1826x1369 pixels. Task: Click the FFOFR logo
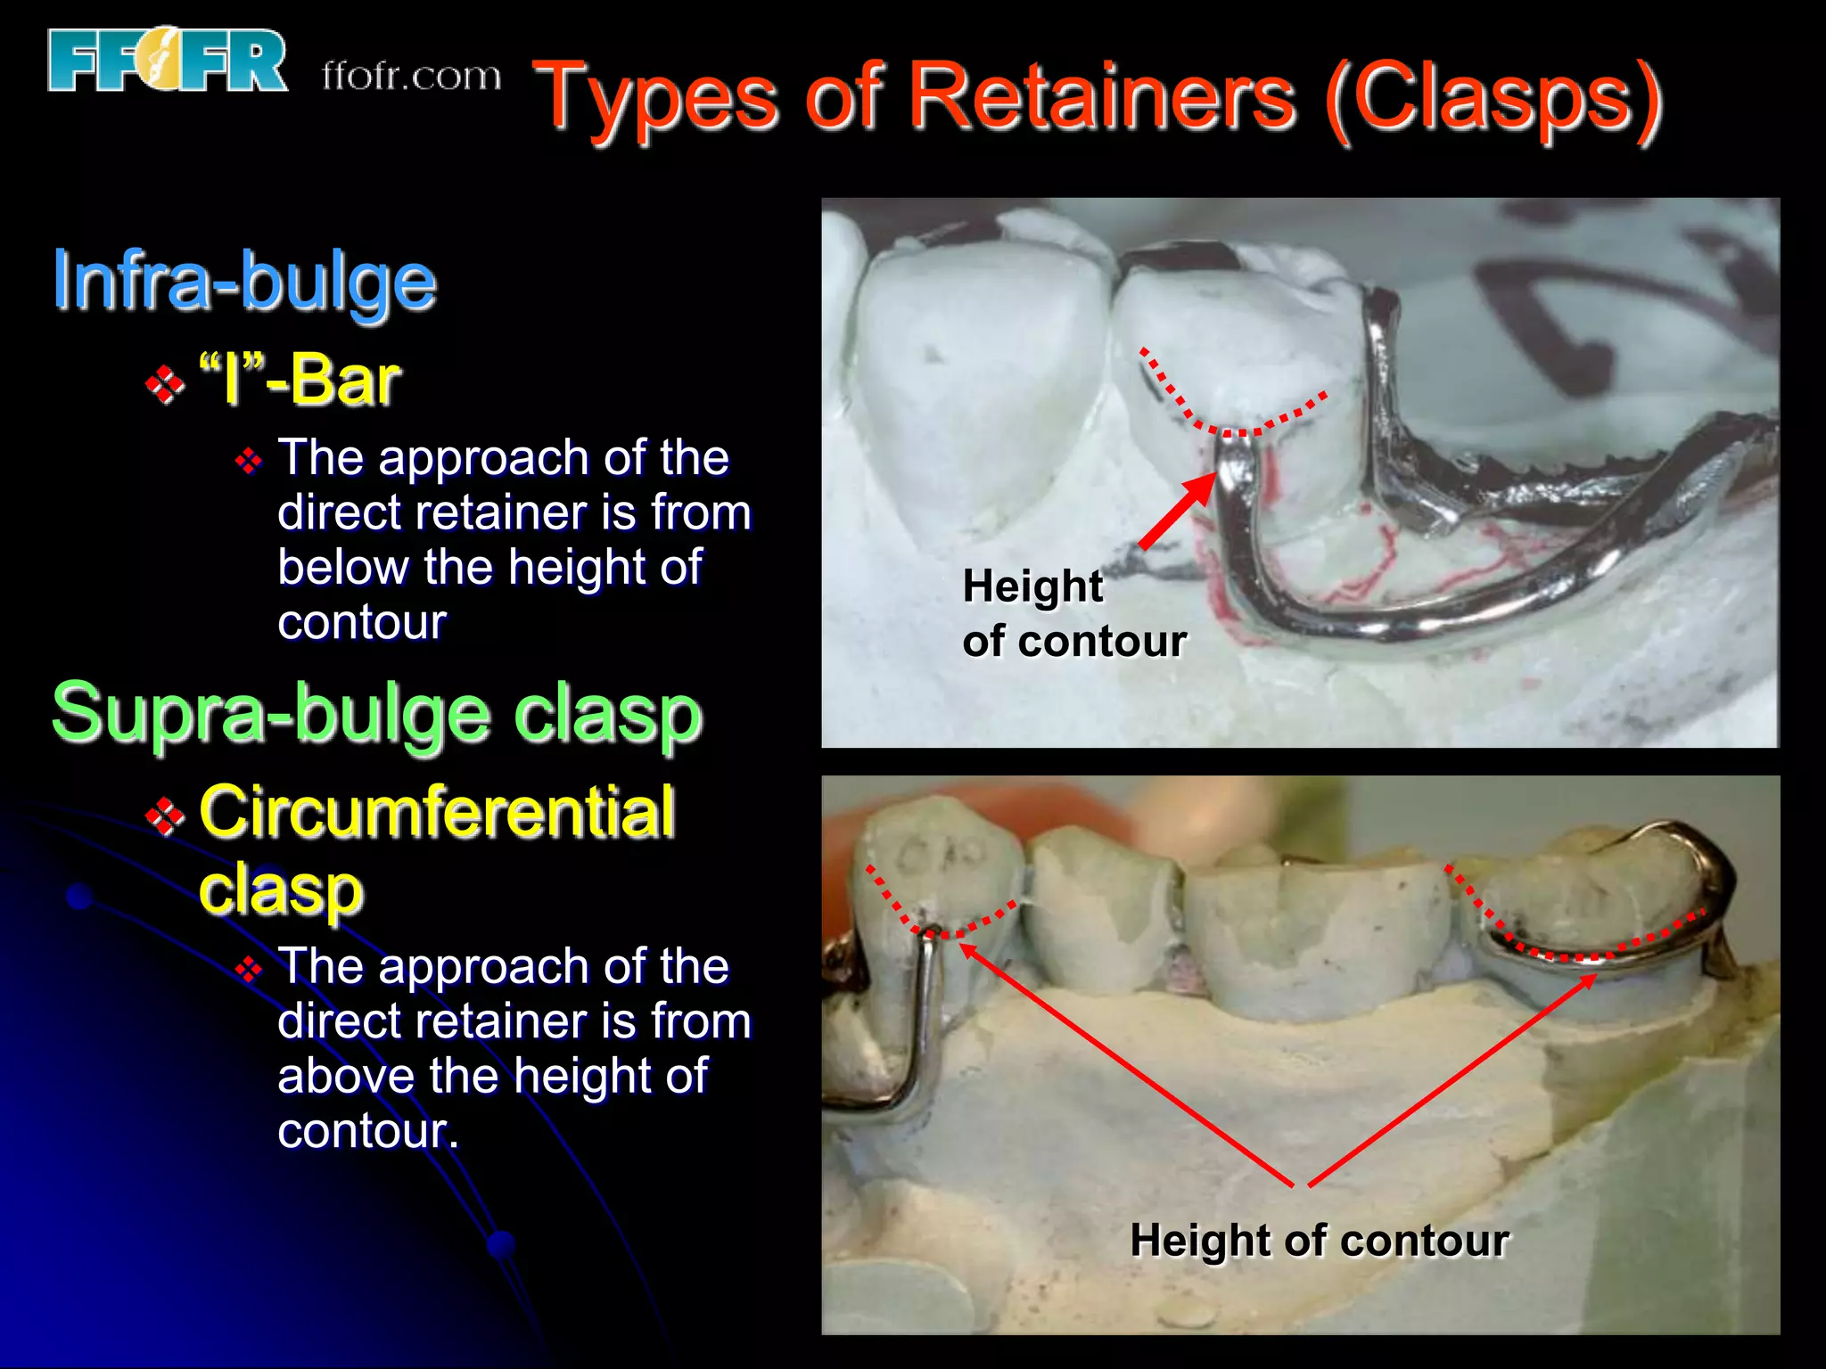tap(167, 61)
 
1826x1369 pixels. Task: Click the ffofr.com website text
tap(411, 77)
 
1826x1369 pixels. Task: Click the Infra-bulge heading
tap(243, 281)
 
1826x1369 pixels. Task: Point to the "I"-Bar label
tap(300, 381)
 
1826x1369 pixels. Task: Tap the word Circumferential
tap(436, 812)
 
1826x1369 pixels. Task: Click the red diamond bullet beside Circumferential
tap(165, 816)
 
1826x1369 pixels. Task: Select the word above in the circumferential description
tap(344, 1076)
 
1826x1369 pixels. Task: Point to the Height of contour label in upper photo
tap(1073, 613)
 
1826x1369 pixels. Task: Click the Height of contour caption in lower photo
tap(1319, 1240)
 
